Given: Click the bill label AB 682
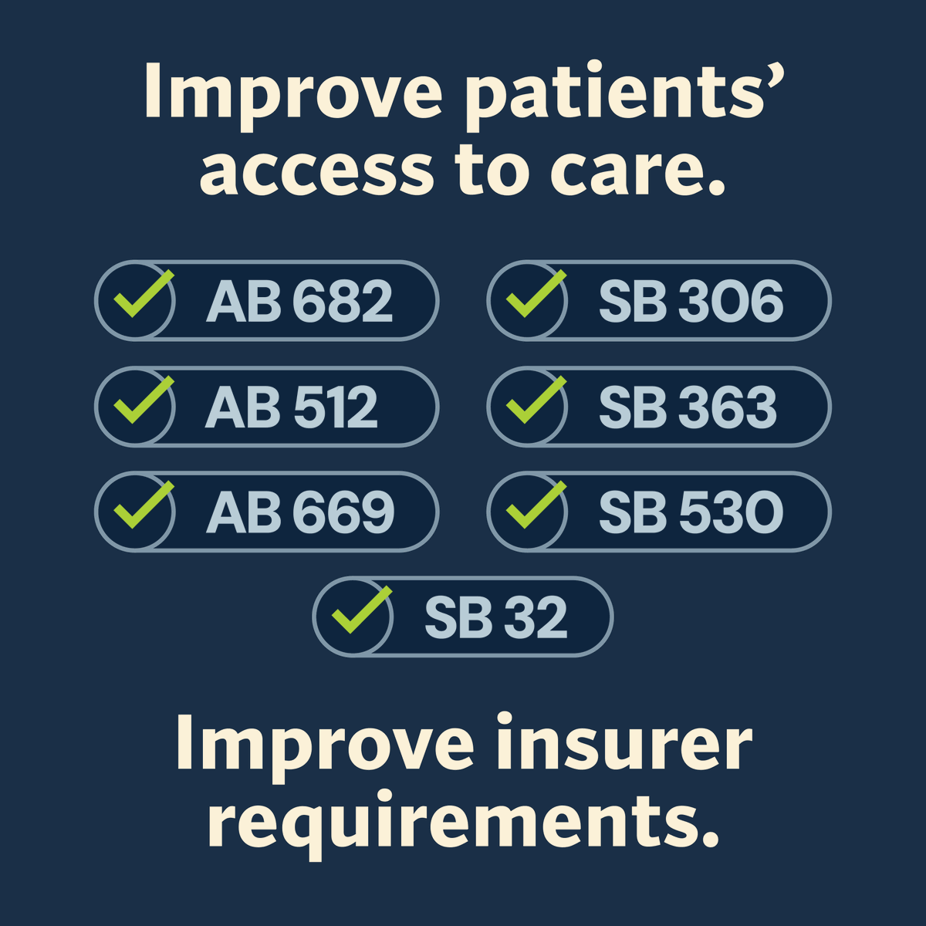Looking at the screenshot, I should (x=299, y=301).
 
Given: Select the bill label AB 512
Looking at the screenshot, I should (x=292, y=407).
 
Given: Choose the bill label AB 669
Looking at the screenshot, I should (x=300, y=512).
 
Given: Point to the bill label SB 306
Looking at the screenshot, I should (x=691, y=301).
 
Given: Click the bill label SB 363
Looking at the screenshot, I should (x=688, y=407).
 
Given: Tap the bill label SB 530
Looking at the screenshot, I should (x=691, y=512).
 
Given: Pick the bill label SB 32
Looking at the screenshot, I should (x=495, y=617).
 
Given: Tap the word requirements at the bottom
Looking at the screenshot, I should (x=463, y=823).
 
